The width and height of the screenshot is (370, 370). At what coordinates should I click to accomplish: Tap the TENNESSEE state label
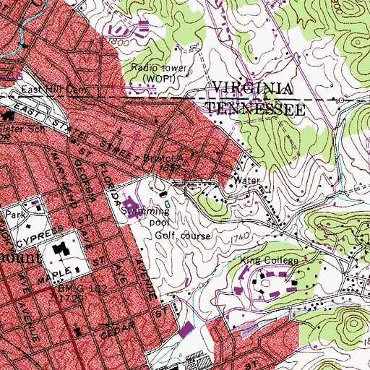click(x=253, y=106)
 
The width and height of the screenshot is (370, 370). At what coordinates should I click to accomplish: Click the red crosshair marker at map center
click(x=185, y=185)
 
